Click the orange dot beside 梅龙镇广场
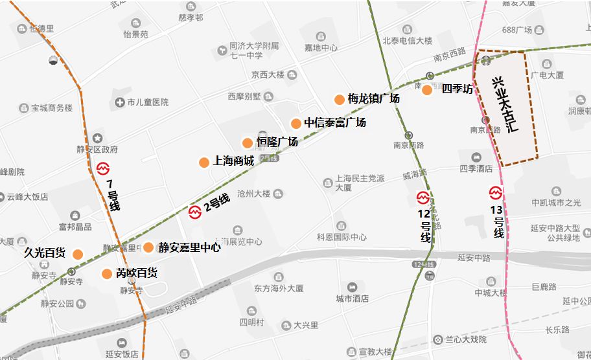[340, 99]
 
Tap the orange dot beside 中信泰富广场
[296, 124]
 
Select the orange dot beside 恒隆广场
[248, 143]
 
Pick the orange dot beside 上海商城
[204, 162]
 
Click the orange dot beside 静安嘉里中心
[149, 247]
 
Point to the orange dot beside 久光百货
[78, 254]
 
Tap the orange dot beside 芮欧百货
[107, 274]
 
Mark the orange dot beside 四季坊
[427, 90]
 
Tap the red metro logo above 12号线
[423, 197]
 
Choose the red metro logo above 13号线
[496, 193]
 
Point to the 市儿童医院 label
[148, 102]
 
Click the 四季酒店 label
[476, 169]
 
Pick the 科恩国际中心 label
[342, 238]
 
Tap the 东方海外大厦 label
[279, 288]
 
